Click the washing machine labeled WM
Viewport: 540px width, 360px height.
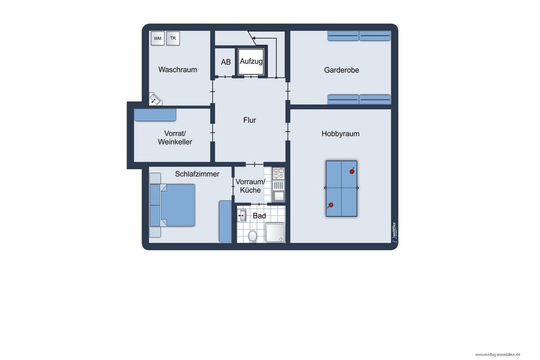tap(158, 38)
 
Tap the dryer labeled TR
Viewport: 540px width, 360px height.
tap(173, 38)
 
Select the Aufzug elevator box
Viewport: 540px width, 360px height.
tap(251, 62)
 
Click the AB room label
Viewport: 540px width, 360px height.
tap(226, 62)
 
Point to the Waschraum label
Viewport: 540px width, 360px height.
tap(178, 70)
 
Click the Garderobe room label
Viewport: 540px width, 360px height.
tap(341, 70)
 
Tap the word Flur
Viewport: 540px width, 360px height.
tap(250, 120)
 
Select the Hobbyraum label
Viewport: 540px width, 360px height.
tap(340, 134)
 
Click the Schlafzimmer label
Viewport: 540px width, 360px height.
tap(197, 174)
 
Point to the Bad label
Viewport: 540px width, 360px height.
tap(260, 216)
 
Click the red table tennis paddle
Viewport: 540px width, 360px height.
tap(352, 171)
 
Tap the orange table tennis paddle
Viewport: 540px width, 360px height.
tap(330, 205)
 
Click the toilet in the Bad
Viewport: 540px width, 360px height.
tap(253, 236)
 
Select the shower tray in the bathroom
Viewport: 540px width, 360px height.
tap(275, 233)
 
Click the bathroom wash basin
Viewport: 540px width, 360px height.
tap(242, 215)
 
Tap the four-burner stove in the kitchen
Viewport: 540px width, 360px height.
tap(278, 174)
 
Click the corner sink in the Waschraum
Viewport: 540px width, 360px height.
tap(155, 99)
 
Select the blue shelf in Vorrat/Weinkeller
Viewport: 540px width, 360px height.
tap(155, 115)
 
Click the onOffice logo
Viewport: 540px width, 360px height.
tap(394, 233)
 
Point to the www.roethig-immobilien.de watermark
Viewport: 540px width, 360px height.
tap(498, 355)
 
